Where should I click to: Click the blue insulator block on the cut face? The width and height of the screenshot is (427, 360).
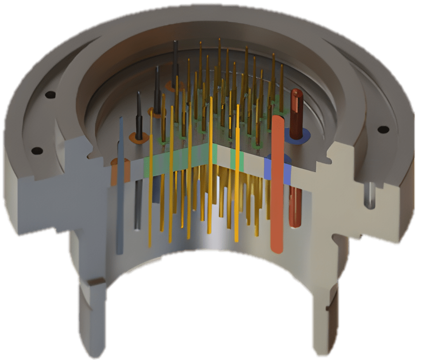pyautogui.click(x=278, y=168)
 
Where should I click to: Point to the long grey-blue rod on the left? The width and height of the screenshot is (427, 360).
pyautogui.click(x=121, y=186)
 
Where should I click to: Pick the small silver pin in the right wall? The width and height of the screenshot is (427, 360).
pyautogui.click(x=371, y=196)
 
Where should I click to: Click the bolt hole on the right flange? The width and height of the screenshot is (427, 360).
pyautogui.click(x=383, y=130)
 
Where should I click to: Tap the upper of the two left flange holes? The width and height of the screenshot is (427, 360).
pyautogui.click(x=50, y=94)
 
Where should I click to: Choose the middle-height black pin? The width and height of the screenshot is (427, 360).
pyautogui.click(x=157, y=89)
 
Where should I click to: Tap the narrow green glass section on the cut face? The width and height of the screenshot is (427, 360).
pyautogui.click(x=237, y=160)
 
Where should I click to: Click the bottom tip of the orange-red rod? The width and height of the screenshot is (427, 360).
pyautogui.click(x=278, y=250)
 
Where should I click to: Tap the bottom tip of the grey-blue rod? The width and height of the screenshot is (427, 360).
pyautogui.click(x=120, y=252)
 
